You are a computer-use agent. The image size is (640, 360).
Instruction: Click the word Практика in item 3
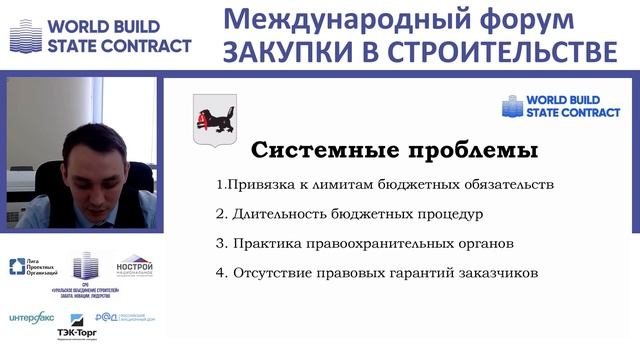264,243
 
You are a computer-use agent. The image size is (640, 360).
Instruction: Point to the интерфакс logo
30,318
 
